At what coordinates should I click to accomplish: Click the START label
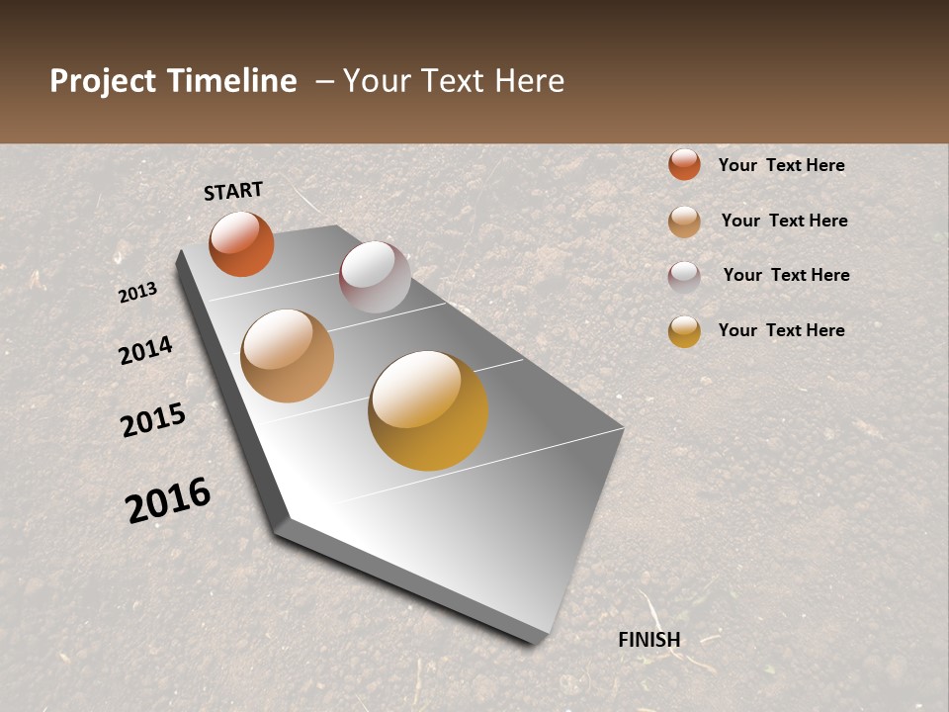click(x=233, y=191)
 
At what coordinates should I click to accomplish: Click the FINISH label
click(x=649, y=640)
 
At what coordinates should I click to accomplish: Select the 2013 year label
click(x=138, y=293)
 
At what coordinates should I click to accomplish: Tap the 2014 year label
click(x=145, y=350)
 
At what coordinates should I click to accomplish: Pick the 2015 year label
click(x=153, y=420)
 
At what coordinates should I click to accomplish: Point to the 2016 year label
click(x=168, y=500)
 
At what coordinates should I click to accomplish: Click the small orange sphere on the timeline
click(x=241, y=244)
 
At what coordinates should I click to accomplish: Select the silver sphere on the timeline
click(x=375, y=277)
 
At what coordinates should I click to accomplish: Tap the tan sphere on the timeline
click(x=287, y=356)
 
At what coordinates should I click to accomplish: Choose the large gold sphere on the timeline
click(x=428, y=410)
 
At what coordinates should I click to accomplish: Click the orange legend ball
click(x=684, y=164)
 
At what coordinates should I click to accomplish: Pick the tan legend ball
click(x=684, y=222)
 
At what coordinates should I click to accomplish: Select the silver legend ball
click(x=684, y=277)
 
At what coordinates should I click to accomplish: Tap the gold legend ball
click(x=684, y=331)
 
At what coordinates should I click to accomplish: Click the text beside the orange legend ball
click(x=781, y=165)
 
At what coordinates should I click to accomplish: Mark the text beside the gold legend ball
click(x=781, y=330)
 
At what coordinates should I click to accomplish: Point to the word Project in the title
click(x=102, y=81)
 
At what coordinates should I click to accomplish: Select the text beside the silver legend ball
click(x=786, y=275)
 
